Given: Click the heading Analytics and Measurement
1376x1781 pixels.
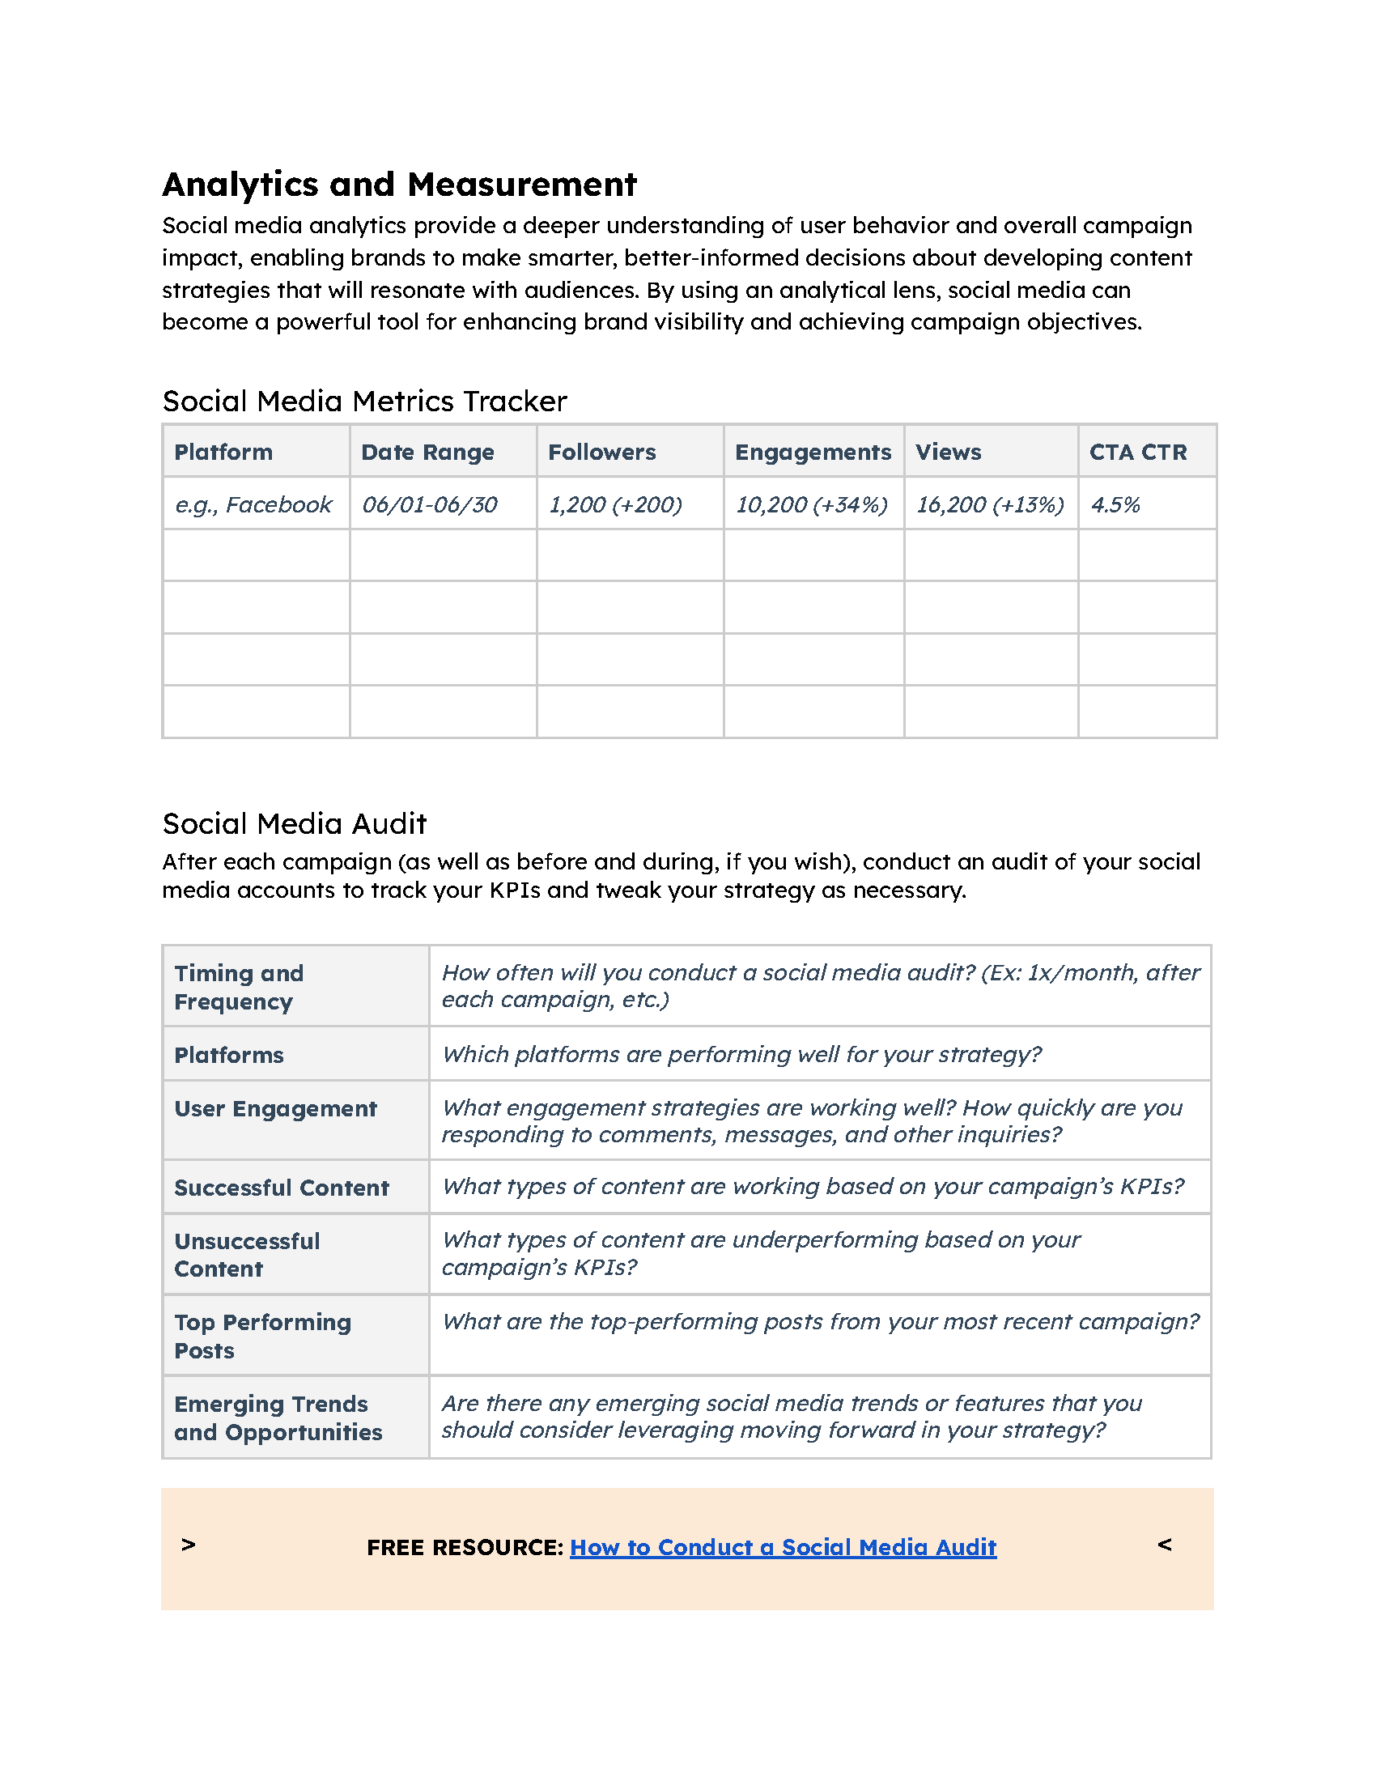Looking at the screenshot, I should (x=398, y=185).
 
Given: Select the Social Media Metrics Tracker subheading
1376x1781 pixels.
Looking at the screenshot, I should (x=363, y=402).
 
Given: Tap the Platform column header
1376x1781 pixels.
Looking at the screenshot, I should (x=223, y=452).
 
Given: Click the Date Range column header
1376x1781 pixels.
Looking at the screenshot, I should (x=427, y=452).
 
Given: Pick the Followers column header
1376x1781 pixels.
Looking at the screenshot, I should (x=601, y=452).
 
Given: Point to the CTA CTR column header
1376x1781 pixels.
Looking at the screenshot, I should (x=1137, y=452).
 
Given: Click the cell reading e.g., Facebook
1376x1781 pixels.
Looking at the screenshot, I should (x=253, y=505).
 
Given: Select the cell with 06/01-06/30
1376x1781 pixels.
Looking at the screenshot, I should (x=430, y=505).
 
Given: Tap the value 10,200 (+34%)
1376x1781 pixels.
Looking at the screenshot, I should (x=811, y=505).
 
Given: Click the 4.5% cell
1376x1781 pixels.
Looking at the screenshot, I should (x=1115, y=505).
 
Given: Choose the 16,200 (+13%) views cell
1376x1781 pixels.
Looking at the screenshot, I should (x=990, y=505).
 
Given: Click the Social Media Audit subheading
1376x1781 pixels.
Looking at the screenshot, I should (x=295, y=823).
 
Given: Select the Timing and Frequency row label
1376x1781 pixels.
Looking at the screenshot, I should (x=238, y=987).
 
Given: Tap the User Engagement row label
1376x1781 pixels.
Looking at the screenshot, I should (x=275, y=1108).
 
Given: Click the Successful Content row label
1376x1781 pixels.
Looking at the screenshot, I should (x=281, y=1188).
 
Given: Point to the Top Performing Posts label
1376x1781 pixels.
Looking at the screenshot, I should (x=261, y=1336).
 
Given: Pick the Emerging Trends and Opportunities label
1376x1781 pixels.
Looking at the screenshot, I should (x=277, y=1418).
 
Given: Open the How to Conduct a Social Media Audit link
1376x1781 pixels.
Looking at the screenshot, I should (x=783, y=1547).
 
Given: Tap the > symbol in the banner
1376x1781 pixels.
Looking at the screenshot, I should (x=189, y=1545).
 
